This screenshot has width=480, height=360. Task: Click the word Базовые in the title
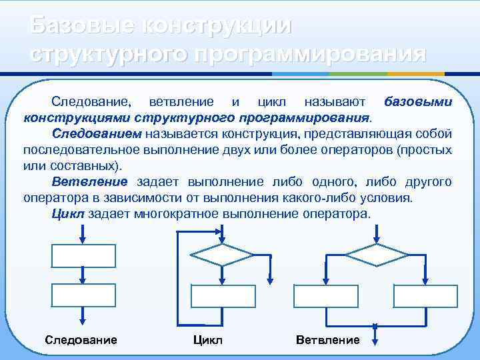point(78,25)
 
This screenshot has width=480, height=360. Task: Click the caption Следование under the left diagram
point(81,340)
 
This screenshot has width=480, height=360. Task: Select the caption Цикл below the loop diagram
point(207,340)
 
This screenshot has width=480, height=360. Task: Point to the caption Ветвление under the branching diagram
point(327,340)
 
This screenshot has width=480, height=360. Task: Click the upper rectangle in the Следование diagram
point(81,255)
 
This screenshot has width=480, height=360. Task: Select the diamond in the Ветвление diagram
point(375,254)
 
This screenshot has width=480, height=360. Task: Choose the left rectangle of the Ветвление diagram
point(325,295)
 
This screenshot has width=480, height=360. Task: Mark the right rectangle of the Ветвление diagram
point(425,295)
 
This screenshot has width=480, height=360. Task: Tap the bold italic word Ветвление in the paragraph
point(89,182)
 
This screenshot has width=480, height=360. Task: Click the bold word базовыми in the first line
point(418,102)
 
